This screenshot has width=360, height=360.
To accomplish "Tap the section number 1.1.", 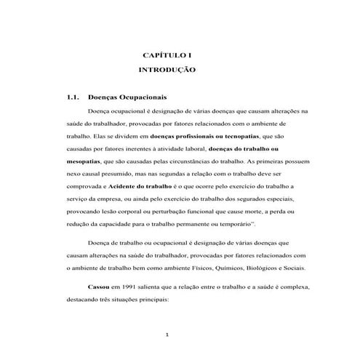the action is tap(71, 96).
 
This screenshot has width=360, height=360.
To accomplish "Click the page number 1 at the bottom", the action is tap(167, 335).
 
